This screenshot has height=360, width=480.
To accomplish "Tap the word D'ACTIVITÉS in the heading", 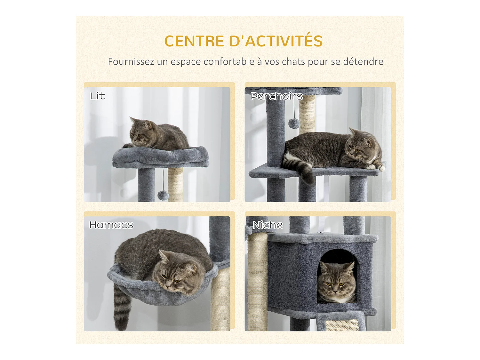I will coord(276,41).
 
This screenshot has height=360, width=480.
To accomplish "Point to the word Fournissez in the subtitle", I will coord(131,61).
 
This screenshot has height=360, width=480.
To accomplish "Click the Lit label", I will coord(97,96).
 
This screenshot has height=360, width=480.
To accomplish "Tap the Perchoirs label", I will coord(276,96).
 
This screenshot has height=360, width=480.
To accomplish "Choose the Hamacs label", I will coord(111,225).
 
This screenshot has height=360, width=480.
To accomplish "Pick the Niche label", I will coord(268,225).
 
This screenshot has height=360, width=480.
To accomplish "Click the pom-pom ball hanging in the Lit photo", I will coord(163,195).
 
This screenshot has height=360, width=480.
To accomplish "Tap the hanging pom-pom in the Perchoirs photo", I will coord(294,123).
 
